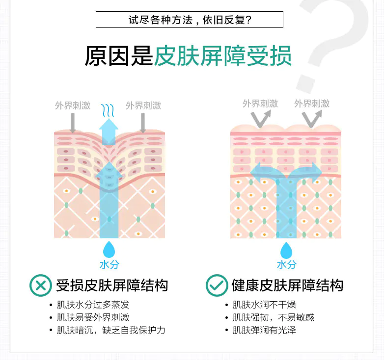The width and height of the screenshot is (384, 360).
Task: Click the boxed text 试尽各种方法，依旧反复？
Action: (189, 20)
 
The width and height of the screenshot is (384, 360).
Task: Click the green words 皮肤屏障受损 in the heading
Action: (223, 56)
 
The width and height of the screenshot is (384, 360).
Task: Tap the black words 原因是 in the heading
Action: (119, 56)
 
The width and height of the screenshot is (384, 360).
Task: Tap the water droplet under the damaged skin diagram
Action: (109, 248)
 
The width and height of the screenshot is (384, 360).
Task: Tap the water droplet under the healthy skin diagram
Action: (286, 250)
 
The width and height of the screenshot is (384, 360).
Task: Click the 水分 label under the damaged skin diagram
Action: (109, 264)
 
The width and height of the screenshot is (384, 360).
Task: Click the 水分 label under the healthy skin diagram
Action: (286, 264)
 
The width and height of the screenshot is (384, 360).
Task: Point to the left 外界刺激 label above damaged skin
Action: (73, 105)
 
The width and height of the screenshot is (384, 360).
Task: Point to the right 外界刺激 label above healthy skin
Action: (312, 103)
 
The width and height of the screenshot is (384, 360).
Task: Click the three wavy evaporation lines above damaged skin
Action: (108, 109)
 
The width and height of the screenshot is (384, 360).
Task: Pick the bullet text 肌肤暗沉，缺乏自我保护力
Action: (110, 330)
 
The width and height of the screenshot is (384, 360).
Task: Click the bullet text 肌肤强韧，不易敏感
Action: (273, 317)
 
